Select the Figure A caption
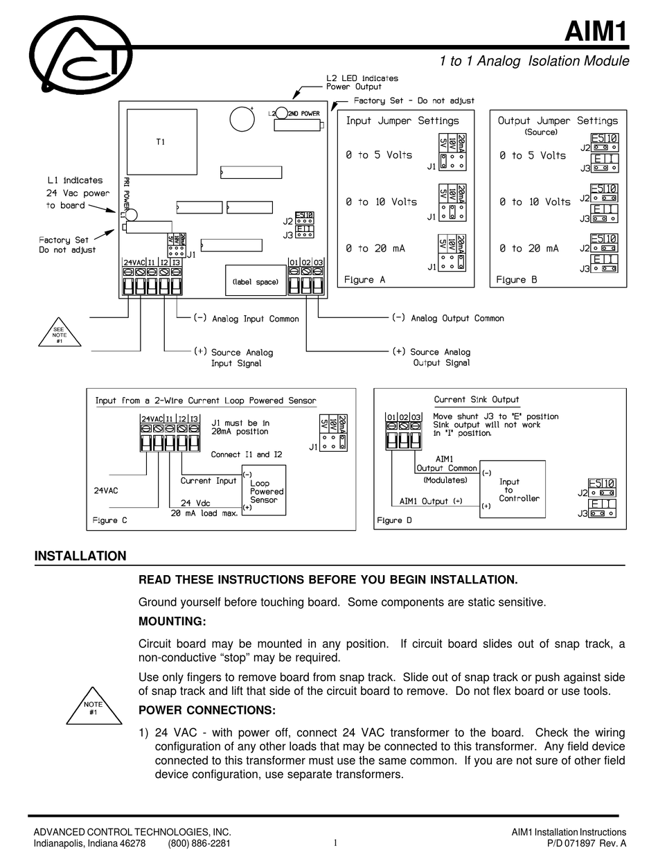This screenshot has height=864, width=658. (x=364, y=280)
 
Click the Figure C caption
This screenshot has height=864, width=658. (x=110, y=520)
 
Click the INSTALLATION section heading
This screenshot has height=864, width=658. (x=80, y=556)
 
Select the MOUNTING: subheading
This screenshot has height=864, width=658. (x=172, y=620)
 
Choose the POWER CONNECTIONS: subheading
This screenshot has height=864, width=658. (x=207, y=710)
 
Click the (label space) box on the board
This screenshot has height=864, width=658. (x=256, y=281)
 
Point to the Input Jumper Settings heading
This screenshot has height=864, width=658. (x=402, y=121)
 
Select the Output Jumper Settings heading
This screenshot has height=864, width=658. (x=558, y=121)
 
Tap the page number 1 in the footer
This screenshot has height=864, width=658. (x=335, y=843)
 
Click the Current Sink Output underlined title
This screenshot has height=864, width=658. (x=476, y=400)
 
